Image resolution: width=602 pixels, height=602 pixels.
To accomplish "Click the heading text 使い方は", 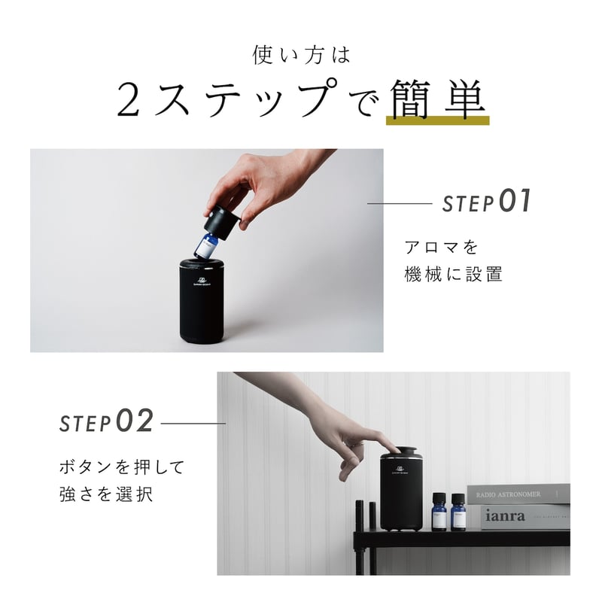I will pos(301,56).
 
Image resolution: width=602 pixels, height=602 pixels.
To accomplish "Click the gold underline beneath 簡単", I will pos(437,120).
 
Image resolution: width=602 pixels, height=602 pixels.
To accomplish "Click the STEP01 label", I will pos(486,202).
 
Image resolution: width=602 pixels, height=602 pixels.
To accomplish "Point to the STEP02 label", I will pos(106,422).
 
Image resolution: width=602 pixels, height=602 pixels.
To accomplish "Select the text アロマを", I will pos(441,248).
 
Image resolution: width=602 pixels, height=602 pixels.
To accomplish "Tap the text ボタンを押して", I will pos(121,467).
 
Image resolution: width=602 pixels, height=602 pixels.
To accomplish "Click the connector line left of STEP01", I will pos(398,203).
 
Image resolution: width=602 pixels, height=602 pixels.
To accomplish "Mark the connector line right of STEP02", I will pos(193,423).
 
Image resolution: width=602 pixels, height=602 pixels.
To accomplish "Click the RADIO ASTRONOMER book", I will pos(518,494).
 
